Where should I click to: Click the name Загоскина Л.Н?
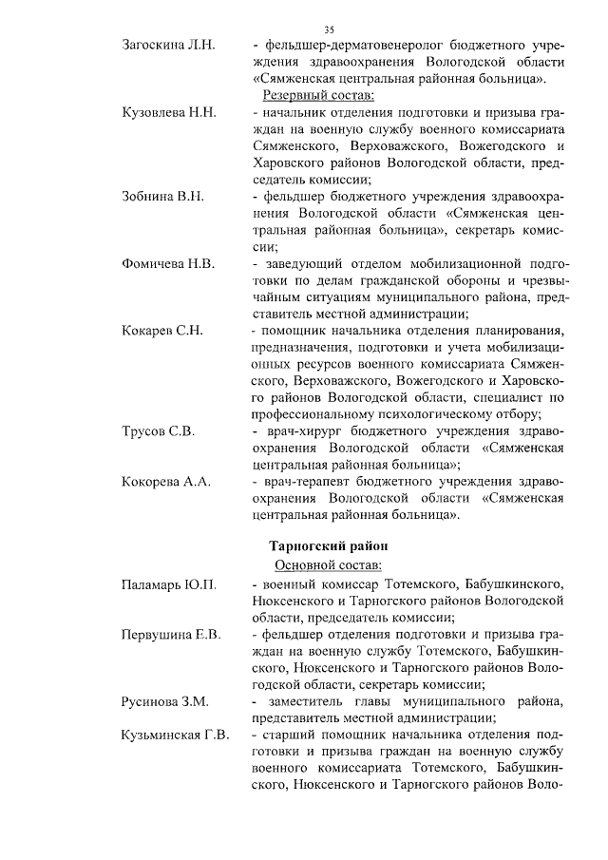pos(169,45)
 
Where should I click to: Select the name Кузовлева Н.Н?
pos(170,113)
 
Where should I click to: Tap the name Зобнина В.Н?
pos(163,197)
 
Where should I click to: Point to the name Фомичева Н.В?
pos(169,263)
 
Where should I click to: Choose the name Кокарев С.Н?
pos(162,331)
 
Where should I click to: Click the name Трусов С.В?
pos(158,431)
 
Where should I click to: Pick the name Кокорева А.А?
pos(165,482)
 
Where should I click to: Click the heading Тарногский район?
pos(327,547)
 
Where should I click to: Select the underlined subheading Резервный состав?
pos(318,96)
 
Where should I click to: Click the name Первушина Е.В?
pos(171,634)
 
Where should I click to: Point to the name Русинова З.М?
pos(164,701)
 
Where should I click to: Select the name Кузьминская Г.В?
pos(176,735)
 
